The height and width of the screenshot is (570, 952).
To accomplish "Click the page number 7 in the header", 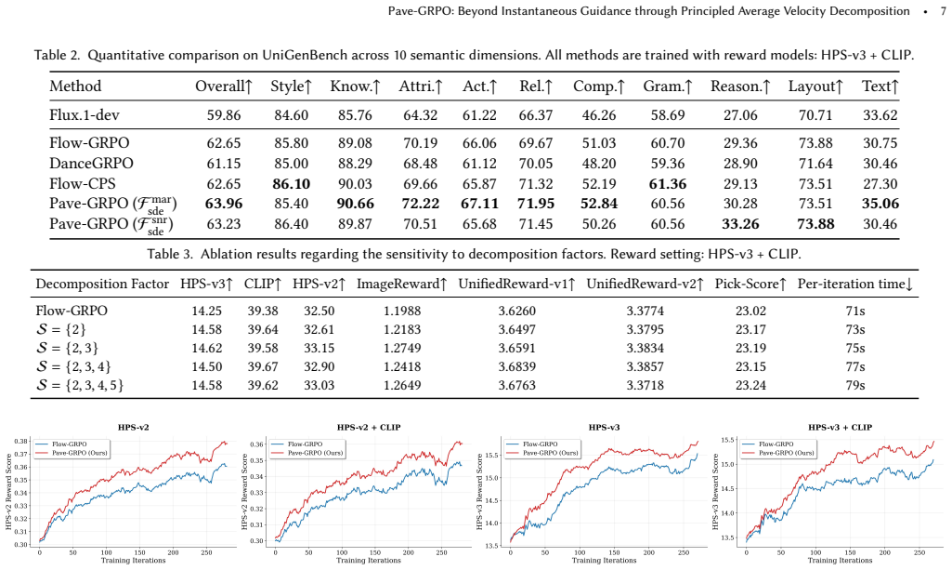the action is pyautogui.click(x=943, y=11).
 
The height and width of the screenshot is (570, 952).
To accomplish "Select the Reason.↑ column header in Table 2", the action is pyautogui.click(x=740, y=86).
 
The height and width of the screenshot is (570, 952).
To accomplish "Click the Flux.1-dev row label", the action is pyautogui.click(x=85, y=115).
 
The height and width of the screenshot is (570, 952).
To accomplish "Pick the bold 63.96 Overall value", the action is pyautogui.click(x=224, y=204).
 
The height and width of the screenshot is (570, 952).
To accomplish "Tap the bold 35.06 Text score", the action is pyautogui.click(x=880, y=204).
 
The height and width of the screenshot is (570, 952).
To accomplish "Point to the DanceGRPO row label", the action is pyautogui.click(x=91, y=163).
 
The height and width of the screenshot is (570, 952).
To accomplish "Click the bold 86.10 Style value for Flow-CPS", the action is pyautogui.click(x=292, y=183).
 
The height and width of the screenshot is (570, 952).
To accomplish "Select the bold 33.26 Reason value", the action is pyautogui.click(x=740, y=223).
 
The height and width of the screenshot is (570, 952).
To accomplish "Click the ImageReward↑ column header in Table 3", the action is pyautogui.click(x=401, y=284).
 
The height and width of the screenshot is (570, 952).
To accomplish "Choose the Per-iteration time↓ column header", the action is pyautogui.click(x=854, y=284).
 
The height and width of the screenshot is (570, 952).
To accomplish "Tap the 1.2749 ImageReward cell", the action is pyautogui.click(x=402, y=348).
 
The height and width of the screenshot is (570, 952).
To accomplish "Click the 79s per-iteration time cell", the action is pyautogui.click(x=854, y=385).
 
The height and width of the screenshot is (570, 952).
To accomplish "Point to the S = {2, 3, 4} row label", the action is pyautogui.click(x=72, y=366).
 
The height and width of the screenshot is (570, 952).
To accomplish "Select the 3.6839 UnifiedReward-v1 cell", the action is pyautogui.click(x=516, y=366).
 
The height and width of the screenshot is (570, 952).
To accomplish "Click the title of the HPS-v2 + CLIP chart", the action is pyautogui.click(x=369, y=427).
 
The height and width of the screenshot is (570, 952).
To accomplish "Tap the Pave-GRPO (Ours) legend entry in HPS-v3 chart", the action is pyautogui.click(x=542, y=453).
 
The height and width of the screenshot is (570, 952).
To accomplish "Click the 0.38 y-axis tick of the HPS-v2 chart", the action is pyautogui.click(x=21, y=442).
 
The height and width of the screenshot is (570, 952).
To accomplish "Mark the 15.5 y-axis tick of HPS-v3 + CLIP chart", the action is pyautogui.click(x=728, y=440).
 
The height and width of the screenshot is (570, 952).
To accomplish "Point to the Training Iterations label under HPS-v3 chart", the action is pyautogui.click(x=604, y=561).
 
